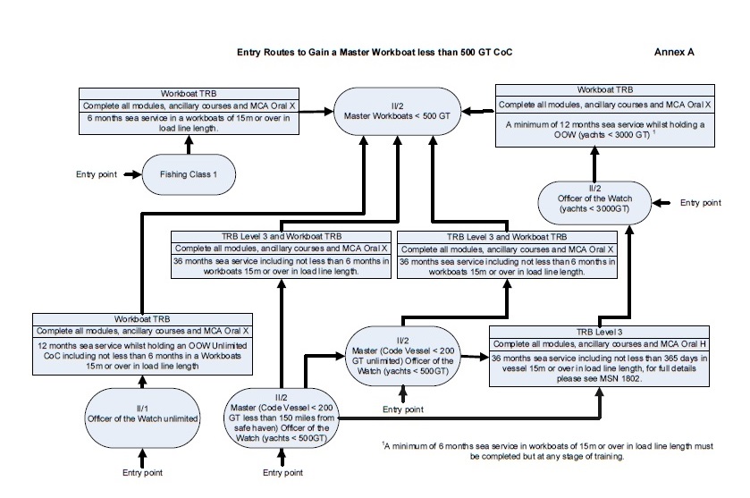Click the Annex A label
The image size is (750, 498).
pyautogui.click(x=673, y=52)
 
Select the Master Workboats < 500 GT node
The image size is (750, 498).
pyautogui.click(x=397, y=111)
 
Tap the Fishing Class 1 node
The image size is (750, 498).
pyautogui.click(x=189, y=174)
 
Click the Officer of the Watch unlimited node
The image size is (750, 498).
pyautogui.click(x=142, y=418)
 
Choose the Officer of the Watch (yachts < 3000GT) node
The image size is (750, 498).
pyautogui.click(x=594, y=203)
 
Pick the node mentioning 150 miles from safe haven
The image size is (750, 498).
pyautogui.click(x=282, y=418)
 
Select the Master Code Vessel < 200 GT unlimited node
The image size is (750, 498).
pyautogui.click(x=403, y=356)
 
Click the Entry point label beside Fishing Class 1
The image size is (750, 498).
pyautogui.click(x=97, y=174)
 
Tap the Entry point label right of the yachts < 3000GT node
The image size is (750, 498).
pyautogui.click(x=701, y=203)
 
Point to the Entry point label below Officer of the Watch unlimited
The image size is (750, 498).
pyautogui.click(x=142, y=473)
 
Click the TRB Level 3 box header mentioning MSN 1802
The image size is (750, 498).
pyautogui.click(x=599, y=332)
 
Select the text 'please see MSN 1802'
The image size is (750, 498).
pyautogui.click(x=599, y=379)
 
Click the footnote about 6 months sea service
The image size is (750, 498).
pyautogui.click(x=548, y=452)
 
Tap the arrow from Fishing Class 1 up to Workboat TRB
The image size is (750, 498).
pyautogui.click(x=189, y=145)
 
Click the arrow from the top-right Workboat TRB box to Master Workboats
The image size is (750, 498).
pyautogui.click(x=478, y=112)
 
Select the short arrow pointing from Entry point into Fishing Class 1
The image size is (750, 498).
pyautogui.click(x=133, y=174)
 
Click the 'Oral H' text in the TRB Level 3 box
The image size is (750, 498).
pyautogui.click(x=693, y=344)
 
